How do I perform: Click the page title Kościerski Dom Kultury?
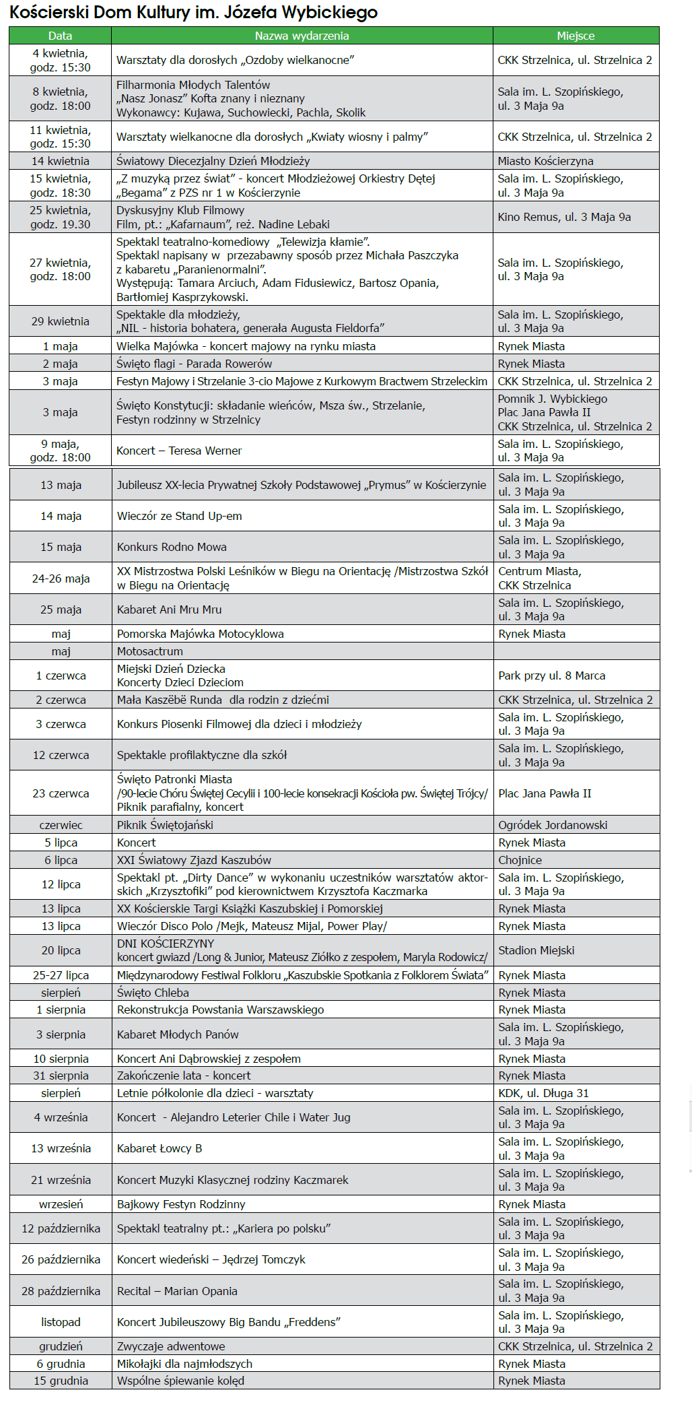[193, 12]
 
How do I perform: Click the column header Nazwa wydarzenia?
[302, 36]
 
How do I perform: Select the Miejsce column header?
[576, 36]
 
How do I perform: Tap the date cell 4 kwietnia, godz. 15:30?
[60, 60]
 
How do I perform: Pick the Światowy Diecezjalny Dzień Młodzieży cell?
[213, 161]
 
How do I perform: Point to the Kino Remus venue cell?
[564, 217]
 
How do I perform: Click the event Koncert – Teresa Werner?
[179, 451]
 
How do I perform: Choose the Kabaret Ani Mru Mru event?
[169, 609]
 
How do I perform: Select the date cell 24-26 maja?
[61, 579]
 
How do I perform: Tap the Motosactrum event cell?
[149, 651]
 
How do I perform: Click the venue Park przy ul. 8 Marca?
[551, 675]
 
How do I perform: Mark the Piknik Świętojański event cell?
[165, 825]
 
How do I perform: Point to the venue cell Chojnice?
[520, 860]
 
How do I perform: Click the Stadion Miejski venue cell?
[536, 950]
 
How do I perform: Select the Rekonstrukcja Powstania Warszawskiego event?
[220, 1010]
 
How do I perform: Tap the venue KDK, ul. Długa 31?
[543, 1093]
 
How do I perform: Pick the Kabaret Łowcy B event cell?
[160, 1148]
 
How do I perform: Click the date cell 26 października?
[61, 1259]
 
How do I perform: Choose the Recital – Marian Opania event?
[177, 1291]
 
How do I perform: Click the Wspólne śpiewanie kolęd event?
[180, 1381]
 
